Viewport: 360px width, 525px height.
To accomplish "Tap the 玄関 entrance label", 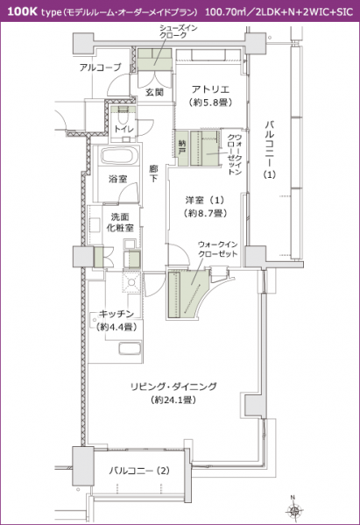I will (x=154, y=92).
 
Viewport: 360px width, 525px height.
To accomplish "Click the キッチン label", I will (x=116, y=313).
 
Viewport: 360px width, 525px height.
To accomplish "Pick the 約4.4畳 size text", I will (x=116, y=326).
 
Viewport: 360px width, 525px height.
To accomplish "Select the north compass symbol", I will (x=295, y=510).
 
